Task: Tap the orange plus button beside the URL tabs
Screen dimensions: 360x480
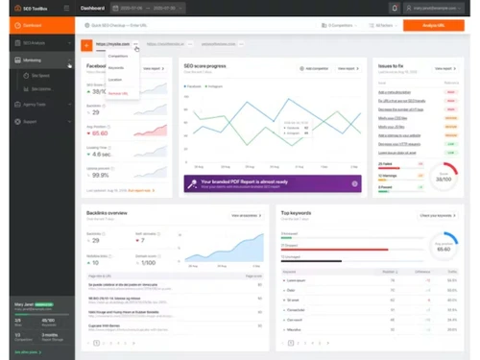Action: (85, 44)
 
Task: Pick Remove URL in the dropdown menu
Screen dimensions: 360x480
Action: (118, 93)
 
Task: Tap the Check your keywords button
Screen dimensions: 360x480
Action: (436, 215)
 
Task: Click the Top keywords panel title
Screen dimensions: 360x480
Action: (298, 211)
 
